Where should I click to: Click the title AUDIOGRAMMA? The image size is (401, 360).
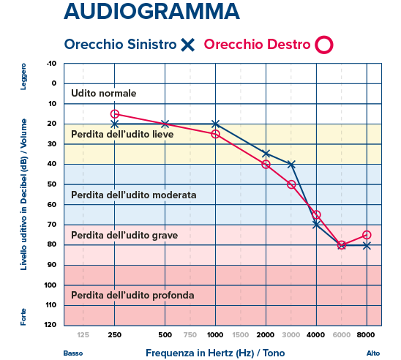[151, 12]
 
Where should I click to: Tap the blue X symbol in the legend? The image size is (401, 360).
[187, 45]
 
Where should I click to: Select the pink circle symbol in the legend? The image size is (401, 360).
[323, 45]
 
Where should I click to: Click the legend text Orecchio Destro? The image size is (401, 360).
[257, 44]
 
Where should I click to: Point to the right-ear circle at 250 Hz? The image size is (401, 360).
[114, 114]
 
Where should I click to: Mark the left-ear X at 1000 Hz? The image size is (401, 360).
[215, 124]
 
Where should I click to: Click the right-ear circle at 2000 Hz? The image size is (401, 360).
[266, 165]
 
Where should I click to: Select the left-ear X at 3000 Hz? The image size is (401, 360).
[291, 165]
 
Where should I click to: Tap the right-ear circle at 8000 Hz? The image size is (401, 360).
[367, 235]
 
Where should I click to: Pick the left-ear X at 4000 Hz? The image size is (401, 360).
[316, 225]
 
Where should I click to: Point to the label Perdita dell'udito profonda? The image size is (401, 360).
[132, 295]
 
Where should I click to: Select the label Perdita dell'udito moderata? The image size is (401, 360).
[133, 195]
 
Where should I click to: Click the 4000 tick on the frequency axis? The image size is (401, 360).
[316, 334]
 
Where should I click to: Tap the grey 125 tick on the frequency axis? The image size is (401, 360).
[83, 334]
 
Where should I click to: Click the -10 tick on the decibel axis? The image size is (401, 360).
[50, 64]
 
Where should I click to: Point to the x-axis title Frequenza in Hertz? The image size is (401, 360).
[215, 352]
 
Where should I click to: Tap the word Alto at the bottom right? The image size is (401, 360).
[372, 353]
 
